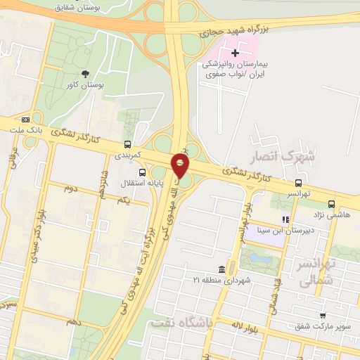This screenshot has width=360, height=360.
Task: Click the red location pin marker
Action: [181, 167]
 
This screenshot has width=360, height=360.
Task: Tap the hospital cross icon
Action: [235, 53]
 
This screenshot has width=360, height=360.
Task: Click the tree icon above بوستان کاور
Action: [86, 73]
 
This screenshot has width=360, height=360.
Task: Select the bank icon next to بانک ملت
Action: [26, 120]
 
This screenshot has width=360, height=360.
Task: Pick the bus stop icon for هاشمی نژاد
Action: [331, 205]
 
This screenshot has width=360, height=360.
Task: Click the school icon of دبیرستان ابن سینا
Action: [285, 220]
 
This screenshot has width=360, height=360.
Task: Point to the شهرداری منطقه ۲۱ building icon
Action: [222, 270]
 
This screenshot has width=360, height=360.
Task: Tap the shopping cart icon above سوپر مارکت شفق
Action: [323, 316]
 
